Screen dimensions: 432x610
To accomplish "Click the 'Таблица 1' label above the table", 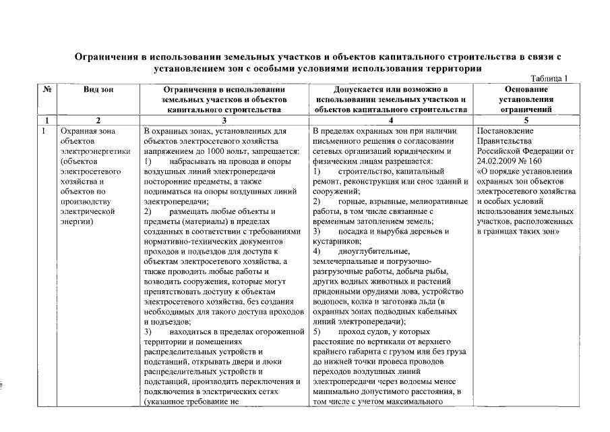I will click(550, 78).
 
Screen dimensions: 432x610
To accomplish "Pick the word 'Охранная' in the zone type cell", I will click(78, 130).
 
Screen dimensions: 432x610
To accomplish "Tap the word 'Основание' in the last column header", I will click(526, 89).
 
